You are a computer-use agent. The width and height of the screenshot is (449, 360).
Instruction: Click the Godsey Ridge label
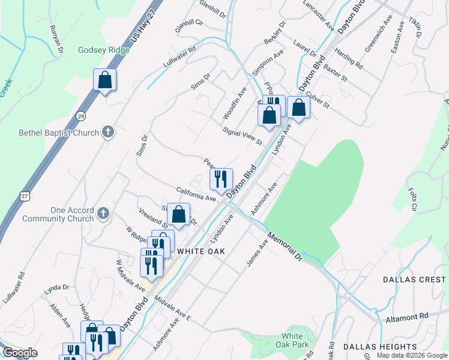(103, 50)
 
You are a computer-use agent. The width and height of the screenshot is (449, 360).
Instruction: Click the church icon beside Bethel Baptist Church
(108, 132)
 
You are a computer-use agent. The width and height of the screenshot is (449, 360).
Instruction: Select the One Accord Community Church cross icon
(103, 213)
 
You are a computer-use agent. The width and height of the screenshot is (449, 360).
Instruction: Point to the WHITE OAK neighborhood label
(200, 251)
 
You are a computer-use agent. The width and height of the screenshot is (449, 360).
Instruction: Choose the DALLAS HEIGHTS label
(380, 347)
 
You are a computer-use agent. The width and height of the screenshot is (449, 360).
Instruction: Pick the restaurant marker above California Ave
(221, 178)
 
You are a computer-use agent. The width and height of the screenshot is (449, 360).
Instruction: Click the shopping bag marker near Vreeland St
(179, 214)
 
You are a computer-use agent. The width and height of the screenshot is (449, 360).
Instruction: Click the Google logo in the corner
(20, 353)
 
